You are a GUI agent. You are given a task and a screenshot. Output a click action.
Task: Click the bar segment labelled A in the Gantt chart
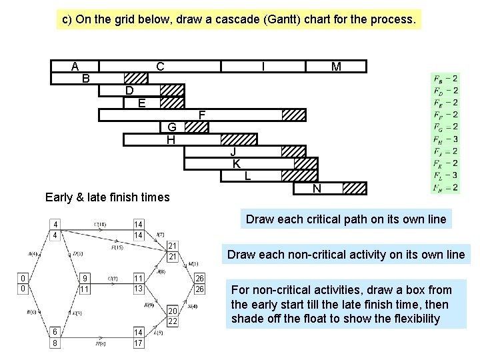[x=75, y=66]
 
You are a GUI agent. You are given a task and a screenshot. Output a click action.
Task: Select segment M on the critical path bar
[x=336, y=66]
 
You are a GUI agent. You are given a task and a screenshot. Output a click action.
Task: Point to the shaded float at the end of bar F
[x=293, y=115]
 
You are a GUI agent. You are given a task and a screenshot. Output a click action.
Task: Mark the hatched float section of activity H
[x=239, y=139]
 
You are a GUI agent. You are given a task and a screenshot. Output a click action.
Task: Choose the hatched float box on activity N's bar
[x=353, y=188]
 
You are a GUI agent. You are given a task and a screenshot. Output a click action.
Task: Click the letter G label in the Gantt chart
[x=171, y=127]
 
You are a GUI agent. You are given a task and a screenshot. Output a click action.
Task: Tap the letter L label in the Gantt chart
[x=247, y=176]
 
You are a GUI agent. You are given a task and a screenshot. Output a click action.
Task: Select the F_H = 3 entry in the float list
[x=445, y=139]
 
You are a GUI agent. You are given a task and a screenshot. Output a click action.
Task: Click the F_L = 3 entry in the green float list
[x=445, y=175]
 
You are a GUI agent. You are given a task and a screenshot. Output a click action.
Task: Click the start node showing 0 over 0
[x=23, y=283]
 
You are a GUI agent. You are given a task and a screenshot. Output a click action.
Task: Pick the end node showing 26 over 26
[x=199, y=283]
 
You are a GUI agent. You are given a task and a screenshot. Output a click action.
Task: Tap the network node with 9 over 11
[x=85, y=283]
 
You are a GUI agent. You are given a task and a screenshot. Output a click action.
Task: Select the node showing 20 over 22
[x=173, y=316]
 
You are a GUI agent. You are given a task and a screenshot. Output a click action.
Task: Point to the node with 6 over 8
[x=57, y=338]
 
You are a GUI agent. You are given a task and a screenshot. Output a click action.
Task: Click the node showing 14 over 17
[x=139, y=338]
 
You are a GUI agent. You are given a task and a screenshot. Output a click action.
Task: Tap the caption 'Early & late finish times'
[x=107, y=197]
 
